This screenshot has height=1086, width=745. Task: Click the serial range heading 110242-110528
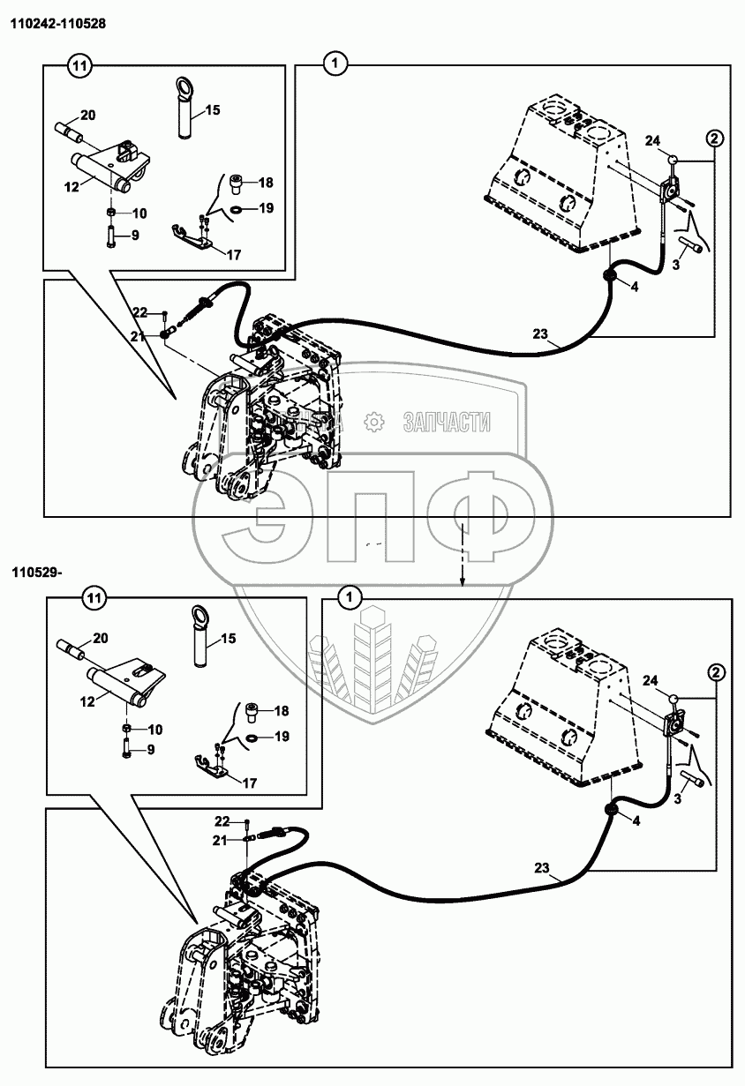pos(58,24)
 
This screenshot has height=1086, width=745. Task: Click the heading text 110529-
pos(36,573)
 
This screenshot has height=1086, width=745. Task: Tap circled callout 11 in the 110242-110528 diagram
pos(80,64)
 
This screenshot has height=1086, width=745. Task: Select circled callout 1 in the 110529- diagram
pos(350,598)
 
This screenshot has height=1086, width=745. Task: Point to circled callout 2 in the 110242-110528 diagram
pos(714,138)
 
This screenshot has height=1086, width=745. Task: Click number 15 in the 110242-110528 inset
pos(212,110)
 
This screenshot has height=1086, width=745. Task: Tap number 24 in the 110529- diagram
pos(651,679)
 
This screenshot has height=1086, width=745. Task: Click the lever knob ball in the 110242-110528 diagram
pos(674,161)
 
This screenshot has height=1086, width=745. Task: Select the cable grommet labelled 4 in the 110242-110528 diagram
pos(609,277)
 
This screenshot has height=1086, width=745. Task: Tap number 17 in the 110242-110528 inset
pos(233,255)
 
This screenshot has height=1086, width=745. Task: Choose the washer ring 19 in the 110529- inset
pos(252,736)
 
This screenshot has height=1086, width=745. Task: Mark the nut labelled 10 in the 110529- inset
pos(127,729)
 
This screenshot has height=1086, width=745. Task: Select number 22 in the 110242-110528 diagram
pos(140,311)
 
